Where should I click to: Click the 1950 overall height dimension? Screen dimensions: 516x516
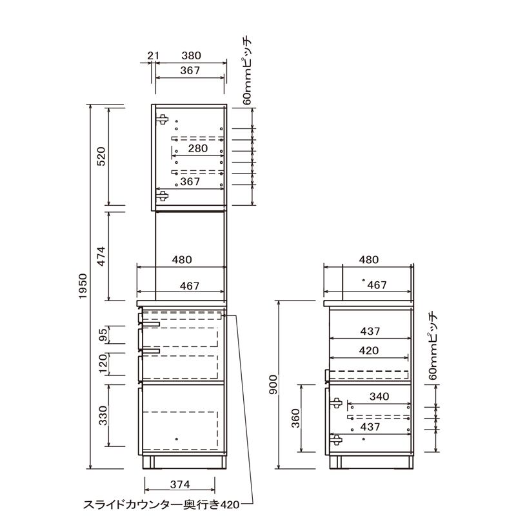[83, 286]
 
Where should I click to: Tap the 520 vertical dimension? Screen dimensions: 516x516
[101, 156]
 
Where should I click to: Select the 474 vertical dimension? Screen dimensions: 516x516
[101, 256]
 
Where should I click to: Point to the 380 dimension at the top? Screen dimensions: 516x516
[191, 55]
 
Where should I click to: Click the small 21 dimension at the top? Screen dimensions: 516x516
[153, 55]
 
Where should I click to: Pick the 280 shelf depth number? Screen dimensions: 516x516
[198, 148]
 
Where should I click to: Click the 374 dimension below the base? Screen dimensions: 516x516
[180, 484]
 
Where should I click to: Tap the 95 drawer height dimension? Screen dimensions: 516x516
[103, 335]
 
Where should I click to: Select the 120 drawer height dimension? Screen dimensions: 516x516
[103, 363]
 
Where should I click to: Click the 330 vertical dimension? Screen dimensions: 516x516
[103, 415]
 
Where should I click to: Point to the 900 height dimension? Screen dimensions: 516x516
[273, 384]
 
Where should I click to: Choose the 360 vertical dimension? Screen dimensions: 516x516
[296, 418]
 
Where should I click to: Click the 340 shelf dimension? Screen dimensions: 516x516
[379, 396]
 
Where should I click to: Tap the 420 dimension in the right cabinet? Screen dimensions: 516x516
[369, 350]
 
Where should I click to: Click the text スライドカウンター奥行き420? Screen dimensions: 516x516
[161, 504]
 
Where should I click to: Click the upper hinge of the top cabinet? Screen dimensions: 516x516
[163, 120]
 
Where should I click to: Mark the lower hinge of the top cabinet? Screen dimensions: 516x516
[163, 195]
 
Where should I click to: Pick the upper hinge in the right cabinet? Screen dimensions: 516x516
[336, 403]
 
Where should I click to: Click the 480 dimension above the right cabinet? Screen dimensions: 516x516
[368, 260]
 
